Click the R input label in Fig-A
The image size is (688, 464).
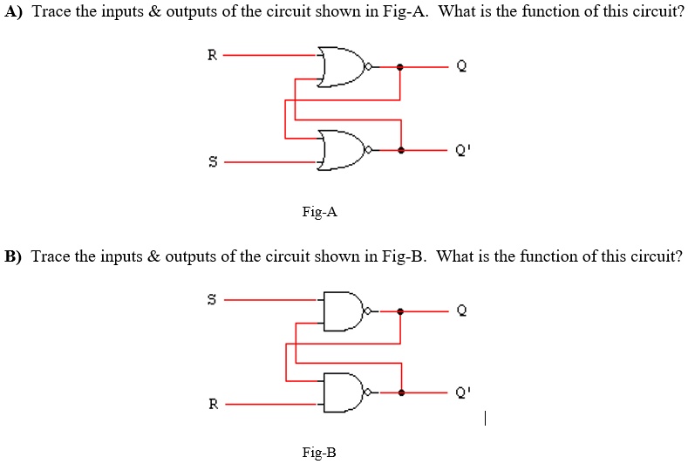tap(210, 56)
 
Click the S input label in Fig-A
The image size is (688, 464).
tap(210, 161)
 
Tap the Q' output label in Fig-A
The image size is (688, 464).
tap(463, 150)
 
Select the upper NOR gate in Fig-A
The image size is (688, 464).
tap(344, 67)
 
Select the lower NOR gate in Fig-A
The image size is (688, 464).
tap(344, 150)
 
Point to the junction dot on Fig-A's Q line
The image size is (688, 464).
tap(400, 67)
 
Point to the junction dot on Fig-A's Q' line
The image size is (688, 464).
tap(400, 150)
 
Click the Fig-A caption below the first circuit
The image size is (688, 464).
tap(319, 211)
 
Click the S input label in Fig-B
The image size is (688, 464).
tap(210, 300)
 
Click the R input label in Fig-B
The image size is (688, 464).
tap(210, 405)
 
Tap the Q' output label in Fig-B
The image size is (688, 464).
tap(463, 393)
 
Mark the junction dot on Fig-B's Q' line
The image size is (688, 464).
tap(400, 393)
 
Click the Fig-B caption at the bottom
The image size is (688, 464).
tap(319, 452)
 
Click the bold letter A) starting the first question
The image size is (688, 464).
tap(15, 16)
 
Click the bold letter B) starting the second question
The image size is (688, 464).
tap(15, 256)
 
